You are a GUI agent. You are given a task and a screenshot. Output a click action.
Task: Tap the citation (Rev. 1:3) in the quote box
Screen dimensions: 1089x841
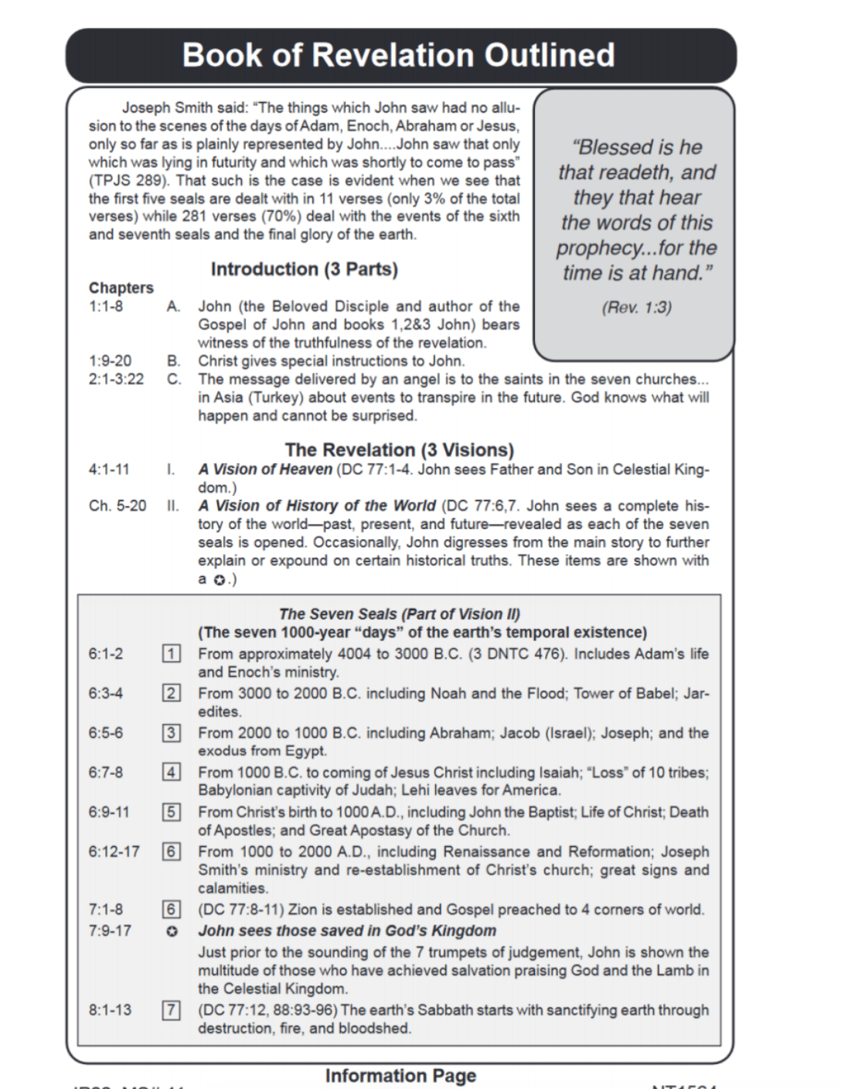(636, 307)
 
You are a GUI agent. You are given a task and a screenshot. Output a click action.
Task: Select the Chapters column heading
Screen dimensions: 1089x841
(121, 288)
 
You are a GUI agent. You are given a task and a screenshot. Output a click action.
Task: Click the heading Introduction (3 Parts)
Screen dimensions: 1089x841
(304, 269)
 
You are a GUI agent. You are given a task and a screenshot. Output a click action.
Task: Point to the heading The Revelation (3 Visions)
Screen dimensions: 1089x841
(399, 449)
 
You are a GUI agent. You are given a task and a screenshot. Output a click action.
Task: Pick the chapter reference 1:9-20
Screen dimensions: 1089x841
(110, 360)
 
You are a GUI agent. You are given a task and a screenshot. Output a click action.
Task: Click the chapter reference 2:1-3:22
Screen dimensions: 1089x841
(116, 379)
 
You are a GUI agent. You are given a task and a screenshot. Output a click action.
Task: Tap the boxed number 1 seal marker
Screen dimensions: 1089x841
(171, 654)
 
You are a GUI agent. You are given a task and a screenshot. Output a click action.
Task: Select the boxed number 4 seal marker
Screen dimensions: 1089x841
(171, 772)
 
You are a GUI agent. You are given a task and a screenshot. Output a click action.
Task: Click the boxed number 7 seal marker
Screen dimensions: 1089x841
(171, 1009)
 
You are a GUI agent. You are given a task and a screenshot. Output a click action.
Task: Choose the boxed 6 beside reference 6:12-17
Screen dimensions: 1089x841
(171, 852)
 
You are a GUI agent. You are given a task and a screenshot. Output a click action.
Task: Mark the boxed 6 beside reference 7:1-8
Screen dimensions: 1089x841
(171, 910)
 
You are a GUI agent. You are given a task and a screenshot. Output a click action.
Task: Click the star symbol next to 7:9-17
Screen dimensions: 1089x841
(172, 931)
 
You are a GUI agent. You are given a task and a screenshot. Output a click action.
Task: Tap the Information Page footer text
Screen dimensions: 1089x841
(400, 1075)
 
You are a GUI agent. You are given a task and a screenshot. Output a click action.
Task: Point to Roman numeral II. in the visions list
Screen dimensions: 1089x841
(172, 506)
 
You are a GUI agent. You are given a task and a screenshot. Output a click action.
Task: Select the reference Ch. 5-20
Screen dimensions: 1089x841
(117, 506)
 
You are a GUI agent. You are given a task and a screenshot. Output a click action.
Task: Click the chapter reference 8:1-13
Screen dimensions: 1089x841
(110, 1009)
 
